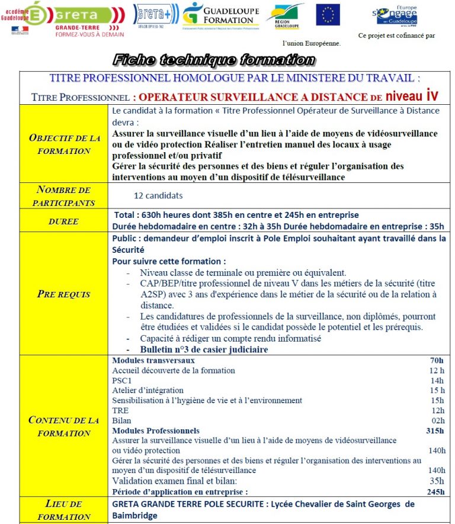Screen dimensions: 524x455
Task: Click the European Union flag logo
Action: pyautogui.click(x=328, y=15)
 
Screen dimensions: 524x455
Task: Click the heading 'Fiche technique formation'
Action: pyautogui.click(x=213, y=60)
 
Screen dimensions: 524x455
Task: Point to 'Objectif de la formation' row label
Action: pyautogui.click(x=65, y=144)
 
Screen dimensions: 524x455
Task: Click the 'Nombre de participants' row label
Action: pyautogui.click(x=64, y=196)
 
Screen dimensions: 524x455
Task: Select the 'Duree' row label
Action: pyautogui.click(x=64, y=221)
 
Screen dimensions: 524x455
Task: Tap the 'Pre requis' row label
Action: pyautogui.click(x=64, y=294)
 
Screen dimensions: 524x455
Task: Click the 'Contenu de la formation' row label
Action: pyautogui.click(x=64, y=426)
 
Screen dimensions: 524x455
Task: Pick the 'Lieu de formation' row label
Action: pyautogui.click(x=64, y=510)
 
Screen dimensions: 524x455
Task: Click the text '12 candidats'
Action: pyautogui.click(x=158, y=196)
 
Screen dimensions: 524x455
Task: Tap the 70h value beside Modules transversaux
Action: pyautogui.click(x=437, y=360)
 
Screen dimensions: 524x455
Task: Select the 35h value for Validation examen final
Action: pyautogui.click(x=437, y=481)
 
